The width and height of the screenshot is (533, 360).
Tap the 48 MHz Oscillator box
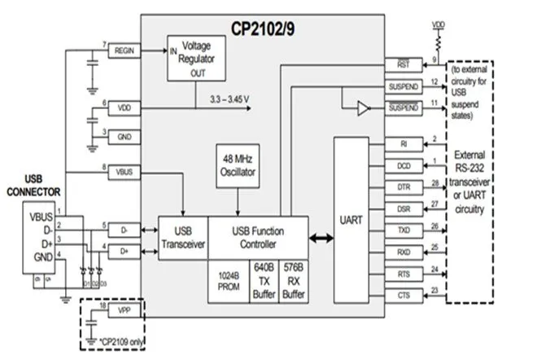236,166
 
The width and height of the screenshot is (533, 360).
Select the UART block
353,219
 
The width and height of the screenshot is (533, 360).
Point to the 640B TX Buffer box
264,281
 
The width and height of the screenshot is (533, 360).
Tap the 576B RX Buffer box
293,281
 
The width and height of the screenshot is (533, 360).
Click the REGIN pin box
125,50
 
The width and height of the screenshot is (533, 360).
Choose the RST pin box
403,64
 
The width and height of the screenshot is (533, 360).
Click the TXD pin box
404,231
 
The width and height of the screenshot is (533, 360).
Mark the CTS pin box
404,295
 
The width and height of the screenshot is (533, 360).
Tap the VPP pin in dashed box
124,312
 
